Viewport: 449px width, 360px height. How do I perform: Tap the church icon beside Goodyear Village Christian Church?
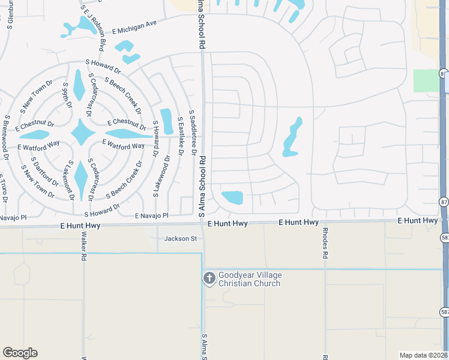click(x=209, y=278)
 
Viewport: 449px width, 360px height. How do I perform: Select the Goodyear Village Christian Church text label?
click(x=249, y=279)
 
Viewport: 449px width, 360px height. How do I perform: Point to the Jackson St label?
click(x=181, y=239)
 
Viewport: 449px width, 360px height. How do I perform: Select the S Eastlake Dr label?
click(x=180, y=140)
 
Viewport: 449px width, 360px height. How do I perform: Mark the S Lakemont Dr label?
click(x=71, y=180)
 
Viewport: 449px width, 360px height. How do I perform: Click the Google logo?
click(x=20, y=353)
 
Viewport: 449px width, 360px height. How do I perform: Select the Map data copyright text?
click(x=423, y=355)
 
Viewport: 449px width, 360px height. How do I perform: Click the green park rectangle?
click(x=426, y=80)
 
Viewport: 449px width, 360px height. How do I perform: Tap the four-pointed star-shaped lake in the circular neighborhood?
click(x=83, y=132)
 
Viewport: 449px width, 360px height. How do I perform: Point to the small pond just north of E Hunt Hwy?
click(x=232, y=197)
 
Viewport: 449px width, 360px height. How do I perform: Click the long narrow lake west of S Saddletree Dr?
click(x=166, y=121)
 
